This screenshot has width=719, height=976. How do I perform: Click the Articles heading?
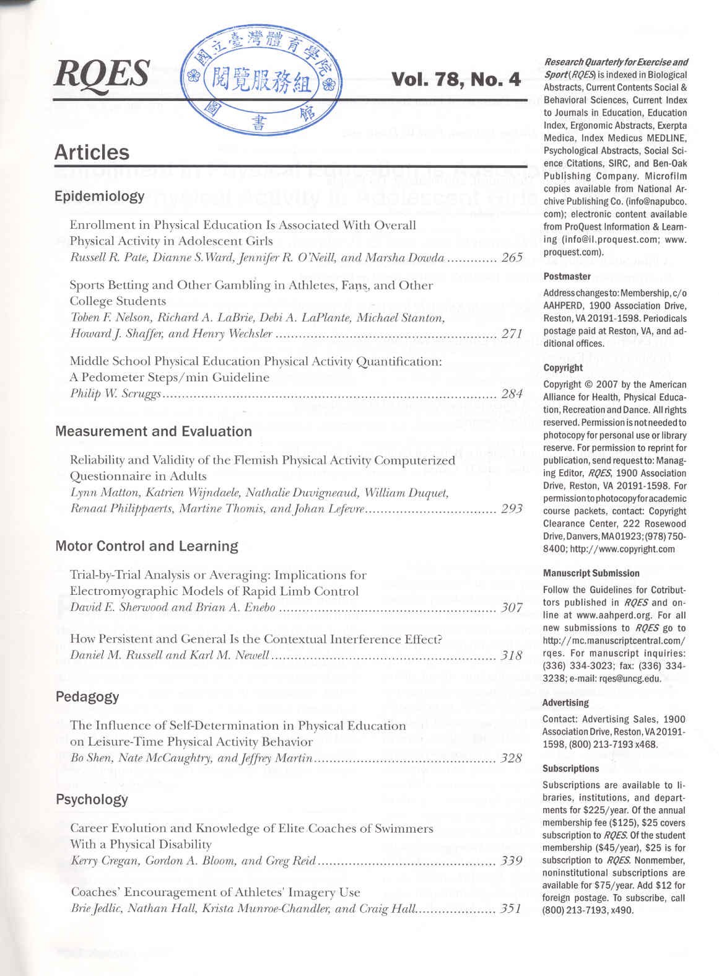click(x=92, y=152)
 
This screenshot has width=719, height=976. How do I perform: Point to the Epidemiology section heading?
click(x=99, y=196)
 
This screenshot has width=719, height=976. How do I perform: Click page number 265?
click(x=512, y=258)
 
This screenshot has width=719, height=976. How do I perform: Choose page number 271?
click(x=512, y=333)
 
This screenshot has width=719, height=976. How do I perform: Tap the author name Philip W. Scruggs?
click(x=115, y=393)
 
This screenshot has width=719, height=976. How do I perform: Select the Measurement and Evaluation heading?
click(x=154, y=431)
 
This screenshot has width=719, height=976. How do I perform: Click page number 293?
click(x=512, y=509)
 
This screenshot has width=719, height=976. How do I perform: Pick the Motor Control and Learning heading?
click(x=147, y=546)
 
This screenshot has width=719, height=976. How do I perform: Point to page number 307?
click(x=512, y=607)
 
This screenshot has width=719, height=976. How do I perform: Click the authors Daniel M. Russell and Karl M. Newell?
click(x=170, y=655)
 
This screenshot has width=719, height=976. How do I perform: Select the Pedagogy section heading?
click(x=87, y=697)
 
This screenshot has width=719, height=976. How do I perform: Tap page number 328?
click(x=512, y=758)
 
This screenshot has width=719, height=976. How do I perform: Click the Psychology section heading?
click(x=92, y=799)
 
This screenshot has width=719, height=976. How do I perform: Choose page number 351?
click(x=511, y=909)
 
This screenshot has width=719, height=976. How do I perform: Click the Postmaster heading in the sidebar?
click(x=567, y=276)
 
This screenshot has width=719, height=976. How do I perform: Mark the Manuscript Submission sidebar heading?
click(x=591, y=573)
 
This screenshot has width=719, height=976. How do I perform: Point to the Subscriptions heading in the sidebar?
click(x=570, y=768)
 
